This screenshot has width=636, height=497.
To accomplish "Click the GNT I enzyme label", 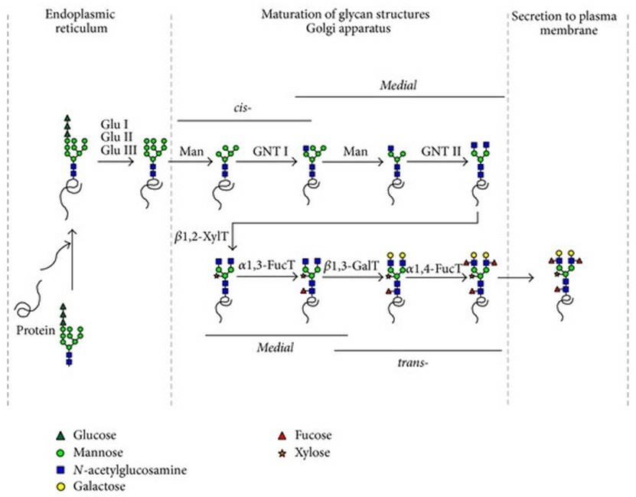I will pos(270,151).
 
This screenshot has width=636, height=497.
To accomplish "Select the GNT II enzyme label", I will pos(439,151).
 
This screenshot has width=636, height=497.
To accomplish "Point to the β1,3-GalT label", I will pos(349,267).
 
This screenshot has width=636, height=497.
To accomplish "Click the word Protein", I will pos(36,330).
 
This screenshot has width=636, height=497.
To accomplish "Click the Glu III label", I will pos(119,150).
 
